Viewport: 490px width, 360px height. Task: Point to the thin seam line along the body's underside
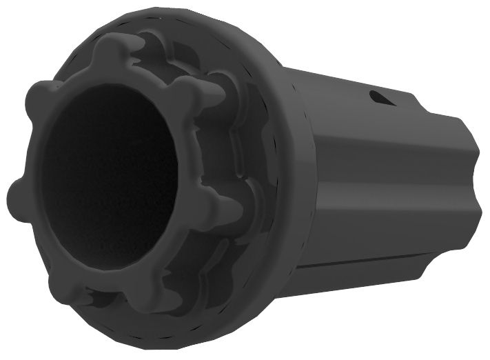[x=365, y=265]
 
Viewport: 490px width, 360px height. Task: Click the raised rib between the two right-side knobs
[x=227, y=148]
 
